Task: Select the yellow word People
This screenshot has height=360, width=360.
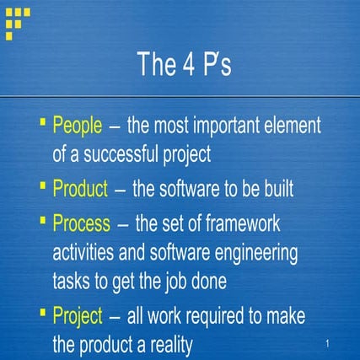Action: [78, 126]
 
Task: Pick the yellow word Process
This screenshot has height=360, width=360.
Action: [81, 224]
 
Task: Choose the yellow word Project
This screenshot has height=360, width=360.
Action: [78, 316]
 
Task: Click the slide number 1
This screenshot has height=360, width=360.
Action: [325, 345]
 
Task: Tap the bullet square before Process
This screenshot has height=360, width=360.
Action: [43, 221]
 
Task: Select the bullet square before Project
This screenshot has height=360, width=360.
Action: [43, 313]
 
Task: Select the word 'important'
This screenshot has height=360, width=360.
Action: [221, 126]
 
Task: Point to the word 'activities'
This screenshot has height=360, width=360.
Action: [89, 253]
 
